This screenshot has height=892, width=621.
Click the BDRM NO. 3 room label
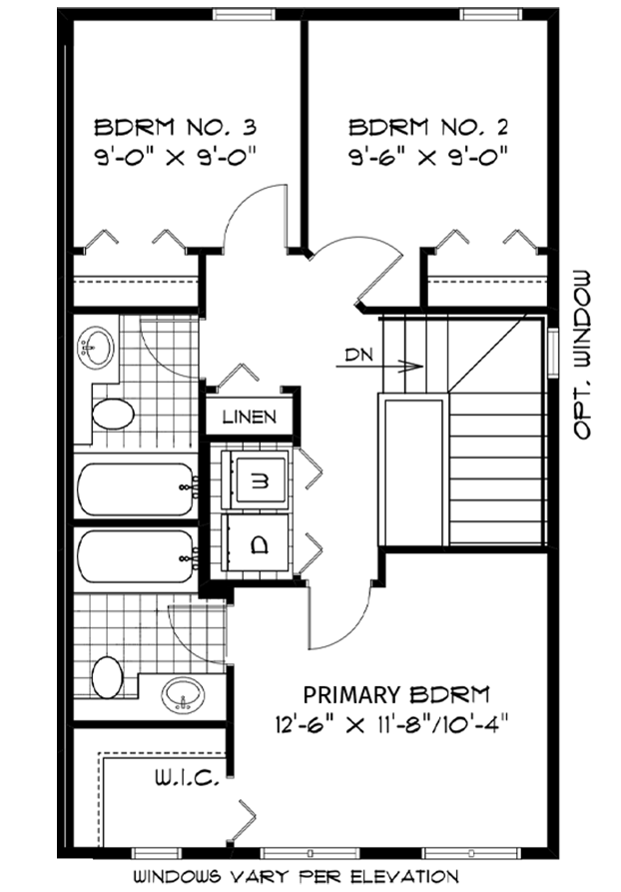(x=175, y=127)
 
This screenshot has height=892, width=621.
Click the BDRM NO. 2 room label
(x=427, y=127)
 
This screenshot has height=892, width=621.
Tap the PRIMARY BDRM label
(x=396, y=694)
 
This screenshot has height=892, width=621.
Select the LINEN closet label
(x=249, y=417)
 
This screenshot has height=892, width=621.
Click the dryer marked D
(x=259, y=544)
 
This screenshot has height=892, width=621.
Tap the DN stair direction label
(x=359, y=355)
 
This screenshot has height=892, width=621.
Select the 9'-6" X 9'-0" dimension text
(x=427, y=155)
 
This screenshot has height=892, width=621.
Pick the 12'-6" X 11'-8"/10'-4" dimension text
(x=390, y=725)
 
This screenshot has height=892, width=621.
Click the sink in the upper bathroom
(x=96, y=346)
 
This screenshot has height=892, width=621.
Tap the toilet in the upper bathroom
(x=113, y=414)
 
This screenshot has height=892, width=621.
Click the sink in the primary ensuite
(x=183, y=694)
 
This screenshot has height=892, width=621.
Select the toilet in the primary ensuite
(x=107, y=677)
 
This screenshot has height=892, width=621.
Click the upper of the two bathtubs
(x=137, y=489)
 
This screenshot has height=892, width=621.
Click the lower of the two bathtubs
(x=137, y=556)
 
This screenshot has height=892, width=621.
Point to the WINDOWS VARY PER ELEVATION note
(x=296, y=877)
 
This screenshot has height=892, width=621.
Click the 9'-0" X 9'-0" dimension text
(x=175, y=155)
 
